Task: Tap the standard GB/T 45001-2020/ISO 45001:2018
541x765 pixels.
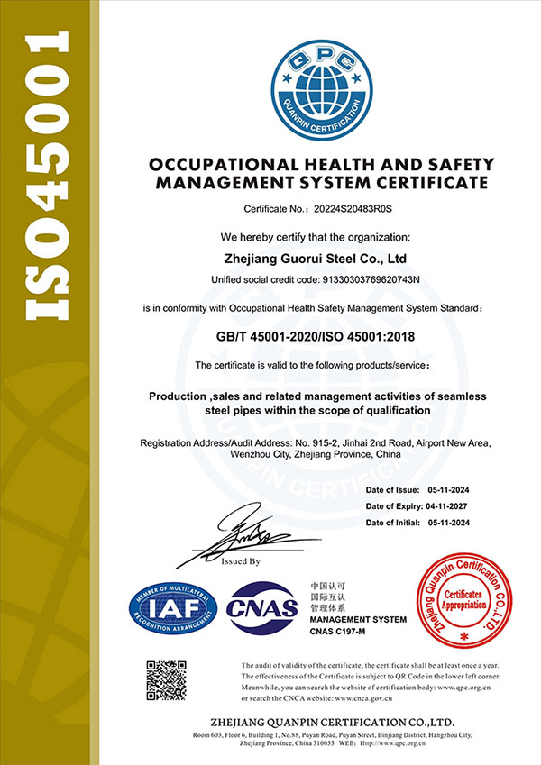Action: tap(321, 337)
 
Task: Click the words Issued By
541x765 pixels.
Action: tap(240, 560)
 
